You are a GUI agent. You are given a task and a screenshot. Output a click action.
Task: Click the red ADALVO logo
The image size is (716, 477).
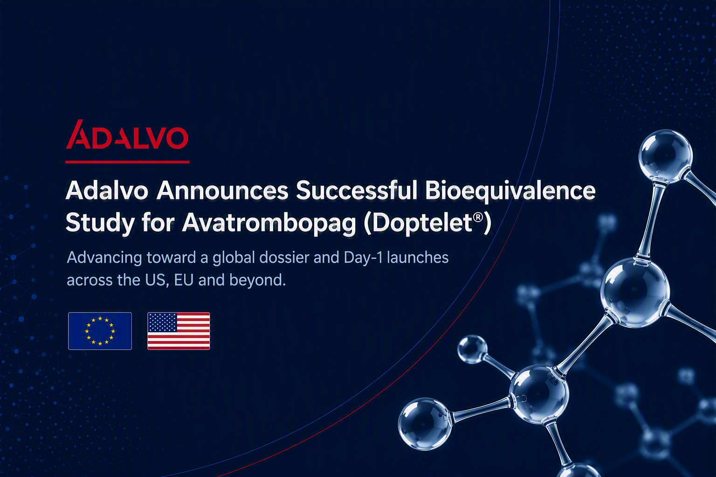pyautogui.click(x=127, y=135)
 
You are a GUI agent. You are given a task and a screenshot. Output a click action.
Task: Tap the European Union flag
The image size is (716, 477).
pyautogui.click(x=100, y=331)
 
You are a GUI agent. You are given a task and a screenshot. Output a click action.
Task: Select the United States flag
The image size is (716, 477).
pyautogui.click(x=179, y=331)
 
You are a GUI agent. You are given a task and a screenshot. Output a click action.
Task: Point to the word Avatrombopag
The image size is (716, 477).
pyautogui.click(x=269, y=224)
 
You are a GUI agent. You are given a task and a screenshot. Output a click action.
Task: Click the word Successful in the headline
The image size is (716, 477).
pyautogui.click(x=357, y=191)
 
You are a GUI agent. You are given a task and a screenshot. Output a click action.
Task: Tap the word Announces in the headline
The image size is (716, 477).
pyautogui.click(x=222, y=191)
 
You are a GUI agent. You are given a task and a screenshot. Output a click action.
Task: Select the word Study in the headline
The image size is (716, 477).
pyautogui.click(x=100, y=224)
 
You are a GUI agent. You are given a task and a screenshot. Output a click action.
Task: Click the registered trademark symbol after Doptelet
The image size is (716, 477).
pyautogui.click(x=478, y=218)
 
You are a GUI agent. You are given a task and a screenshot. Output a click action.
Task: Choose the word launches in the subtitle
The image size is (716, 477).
pyautogui.click(x=418, y=258)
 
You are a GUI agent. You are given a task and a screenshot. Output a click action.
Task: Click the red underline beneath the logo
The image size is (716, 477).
pyautogui.click(x=127, y=162)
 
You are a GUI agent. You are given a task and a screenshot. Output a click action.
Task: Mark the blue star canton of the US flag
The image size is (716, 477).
pyautogui.click(x=162, y=322)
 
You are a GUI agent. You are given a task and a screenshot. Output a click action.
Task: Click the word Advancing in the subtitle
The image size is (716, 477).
pyautogui.click(x=104, y=258)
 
